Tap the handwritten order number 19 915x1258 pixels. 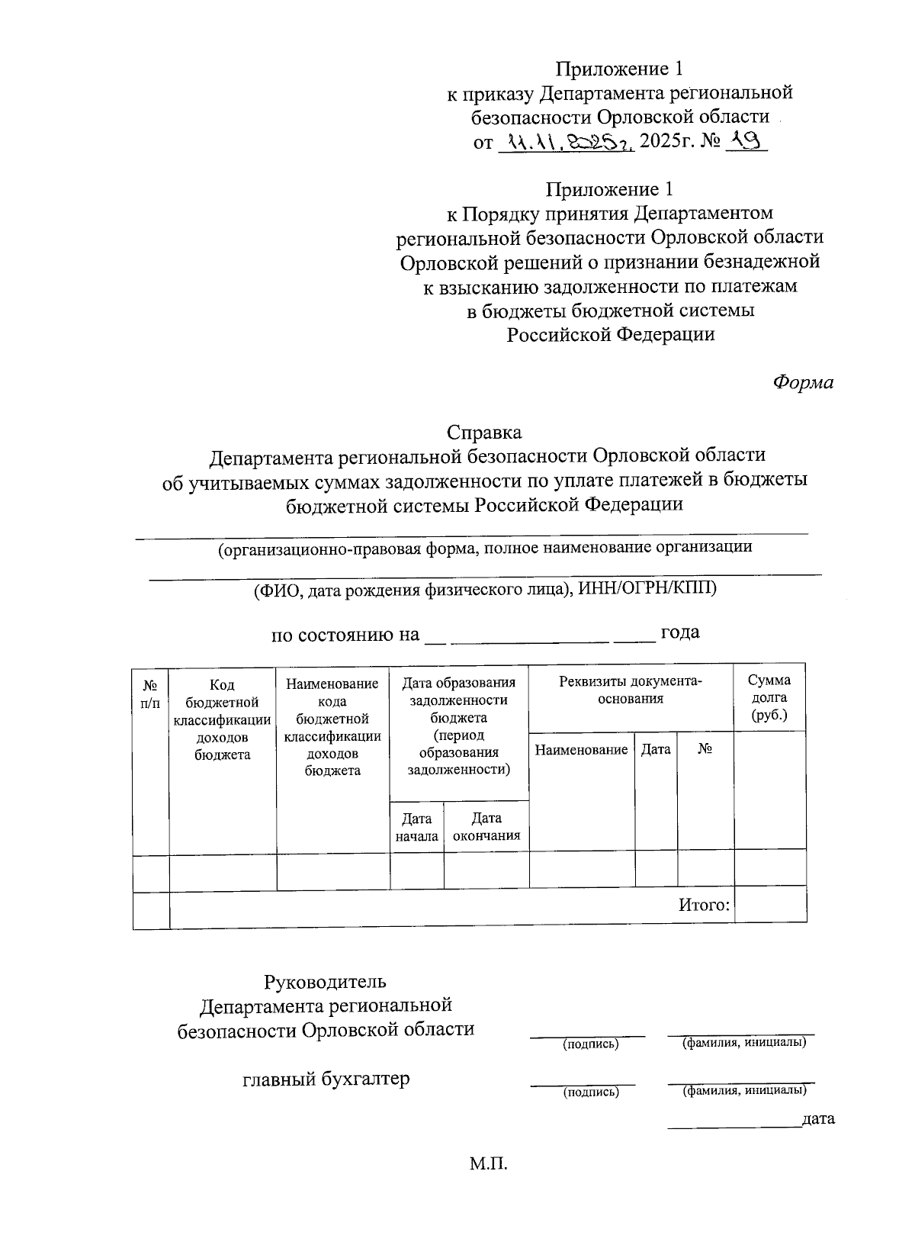coord(745,140)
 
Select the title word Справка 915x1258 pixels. coord(484,433)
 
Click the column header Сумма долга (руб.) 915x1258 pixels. coord(769,698)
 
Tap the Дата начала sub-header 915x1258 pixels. coord(416,827)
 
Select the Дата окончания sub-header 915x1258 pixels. coord(486,827)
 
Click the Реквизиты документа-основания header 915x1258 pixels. coord(631,690)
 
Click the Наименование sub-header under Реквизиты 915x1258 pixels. coord(581,750)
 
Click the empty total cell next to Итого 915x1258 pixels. coord(770,906)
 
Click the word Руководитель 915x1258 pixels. coord(326,980)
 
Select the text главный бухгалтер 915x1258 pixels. coord(326,1079)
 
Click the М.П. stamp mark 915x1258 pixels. coord(488,1165)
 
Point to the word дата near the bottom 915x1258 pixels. coord(818,1119)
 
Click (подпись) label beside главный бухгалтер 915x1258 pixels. coord(590,1092)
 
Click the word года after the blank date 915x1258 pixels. coord(680,632)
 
